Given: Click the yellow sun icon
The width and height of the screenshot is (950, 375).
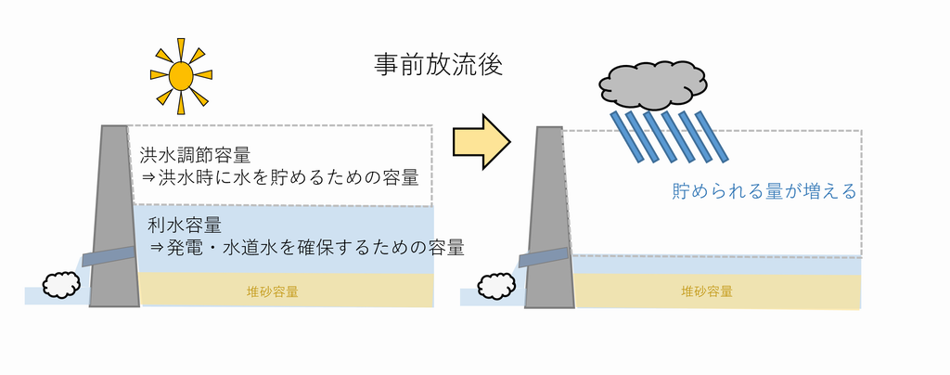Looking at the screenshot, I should pyautogui.click(x=182, y=73).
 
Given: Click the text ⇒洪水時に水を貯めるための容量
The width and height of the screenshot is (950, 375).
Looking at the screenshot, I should pyautogui.click(x=279, y=176).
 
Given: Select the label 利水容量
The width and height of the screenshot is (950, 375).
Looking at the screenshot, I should pyautogui.click(x=184, y=226).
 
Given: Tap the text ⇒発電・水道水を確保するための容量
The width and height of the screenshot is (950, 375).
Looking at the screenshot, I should pyautogui.click(x=307, y=248).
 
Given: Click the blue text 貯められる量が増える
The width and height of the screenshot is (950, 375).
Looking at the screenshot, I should pyautogui.click(x=763, y=192).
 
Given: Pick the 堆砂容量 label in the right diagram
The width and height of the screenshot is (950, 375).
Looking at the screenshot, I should pyautogui.click(x=707, y=291).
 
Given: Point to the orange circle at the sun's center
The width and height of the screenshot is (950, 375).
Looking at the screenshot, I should pyautogui.click(x=182, y=73).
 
